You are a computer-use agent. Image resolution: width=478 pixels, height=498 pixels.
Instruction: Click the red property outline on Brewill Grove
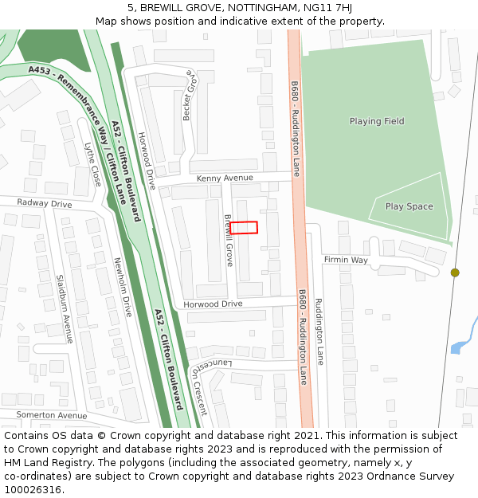click(x=244, y=228)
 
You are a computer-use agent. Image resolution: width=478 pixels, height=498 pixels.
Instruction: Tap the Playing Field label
click(x=377, y=121)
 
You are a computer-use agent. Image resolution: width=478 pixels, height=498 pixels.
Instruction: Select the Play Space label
click(x=409, y=206)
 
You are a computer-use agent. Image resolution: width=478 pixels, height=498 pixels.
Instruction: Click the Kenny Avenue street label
click(x=225, y=178)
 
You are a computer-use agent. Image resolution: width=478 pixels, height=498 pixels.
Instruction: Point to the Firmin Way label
click(x=345, y=260)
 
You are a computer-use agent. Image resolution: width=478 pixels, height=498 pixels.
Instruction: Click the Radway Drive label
click(x=45, y=203)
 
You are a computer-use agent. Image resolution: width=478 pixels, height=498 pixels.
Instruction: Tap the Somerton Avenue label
click(x=51, y=415)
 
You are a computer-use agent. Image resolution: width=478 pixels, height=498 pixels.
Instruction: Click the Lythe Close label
click(x=93, y=165)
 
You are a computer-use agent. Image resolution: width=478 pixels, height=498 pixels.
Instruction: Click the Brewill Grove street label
click(x=229, y=240)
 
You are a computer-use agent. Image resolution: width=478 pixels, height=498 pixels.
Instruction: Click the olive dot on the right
click(x=455, y=273)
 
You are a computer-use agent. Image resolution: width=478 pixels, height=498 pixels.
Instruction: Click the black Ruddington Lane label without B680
click(x=319, y=331)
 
